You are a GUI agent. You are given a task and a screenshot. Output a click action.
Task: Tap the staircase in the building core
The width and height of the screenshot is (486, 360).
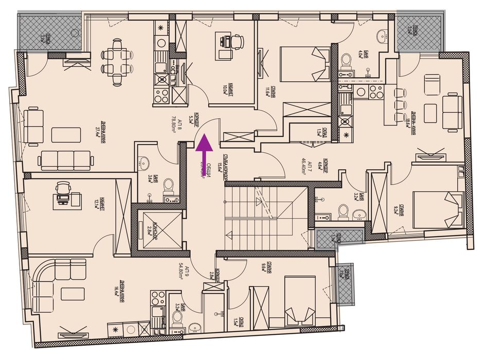coord(265,216)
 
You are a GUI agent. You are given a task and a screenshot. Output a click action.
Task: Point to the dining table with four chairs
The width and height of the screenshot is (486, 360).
coord(114,61)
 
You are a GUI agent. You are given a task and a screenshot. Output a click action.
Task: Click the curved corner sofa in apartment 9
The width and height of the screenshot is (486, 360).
coord(57,281)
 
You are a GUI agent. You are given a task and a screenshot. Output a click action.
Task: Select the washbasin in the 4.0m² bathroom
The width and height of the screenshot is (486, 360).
coord(383,37)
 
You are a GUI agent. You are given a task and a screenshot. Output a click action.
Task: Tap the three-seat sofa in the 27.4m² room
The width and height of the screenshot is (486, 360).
coord(66,160)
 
